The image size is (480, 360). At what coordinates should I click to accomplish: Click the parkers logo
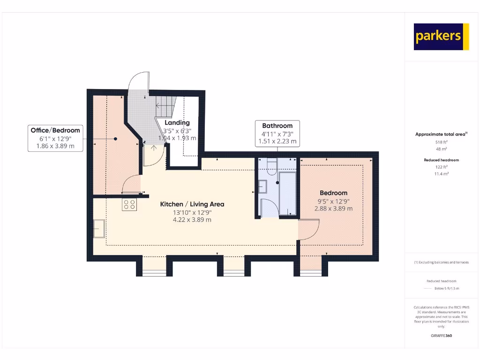tap(441, 37)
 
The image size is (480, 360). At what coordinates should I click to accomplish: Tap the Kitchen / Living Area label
tap(192, 204)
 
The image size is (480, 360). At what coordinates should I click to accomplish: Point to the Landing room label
tap(177, 123)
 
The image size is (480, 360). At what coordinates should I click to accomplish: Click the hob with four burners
tap(129, 204)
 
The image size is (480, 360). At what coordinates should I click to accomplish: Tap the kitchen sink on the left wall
tap(99, 228)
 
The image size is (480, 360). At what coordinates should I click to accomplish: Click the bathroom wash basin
tap(263, 187)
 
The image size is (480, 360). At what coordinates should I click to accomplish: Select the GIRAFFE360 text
tap(441, 336)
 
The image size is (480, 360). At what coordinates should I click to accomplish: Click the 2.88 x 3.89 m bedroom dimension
tap(333, 209)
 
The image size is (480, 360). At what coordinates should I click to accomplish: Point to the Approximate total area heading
tap(441, 135)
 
